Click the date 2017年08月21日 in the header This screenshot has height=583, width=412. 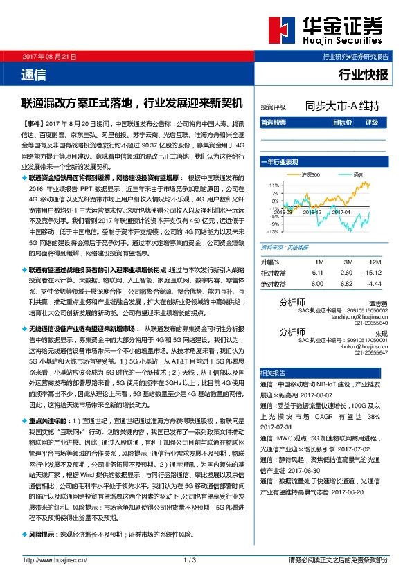49,55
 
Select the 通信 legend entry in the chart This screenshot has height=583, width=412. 358,175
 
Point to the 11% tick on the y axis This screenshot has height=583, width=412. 276,185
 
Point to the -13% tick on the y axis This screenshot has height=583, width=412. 275,231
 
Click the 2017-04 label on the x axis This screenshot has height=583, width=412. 341,213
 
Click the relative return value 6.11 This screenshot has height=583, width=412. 318,273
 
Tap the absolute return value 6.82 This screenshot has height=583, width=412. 348,284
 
